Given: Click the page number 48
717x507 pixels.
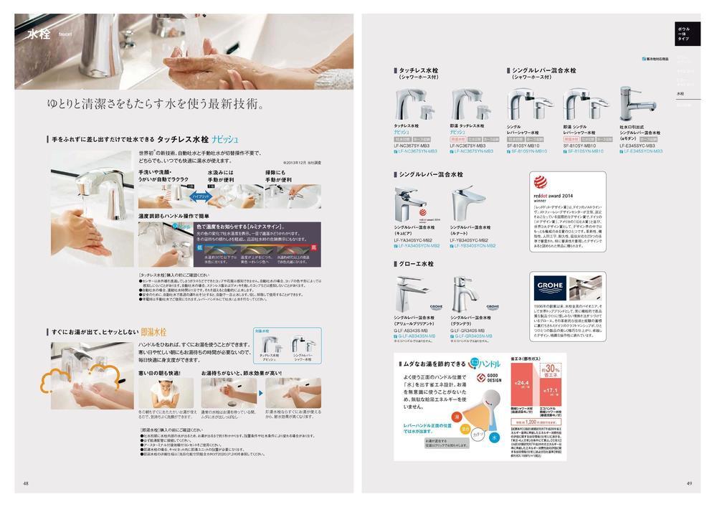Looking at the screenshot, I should coord(26,483).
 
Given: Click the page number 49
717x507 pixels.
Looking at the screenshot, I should coord(689,483).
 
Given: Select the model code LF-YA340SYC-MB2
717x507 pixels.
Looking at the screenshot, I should coord(412,240).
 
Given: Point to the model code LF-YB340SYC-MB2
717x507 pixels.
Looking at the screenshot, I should coord(470,240).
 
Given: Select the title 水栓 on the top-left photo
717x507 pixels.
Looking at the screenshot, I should coord(38,34).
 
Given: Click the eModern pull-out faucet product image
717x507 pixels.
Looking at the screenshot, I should coord(637,103).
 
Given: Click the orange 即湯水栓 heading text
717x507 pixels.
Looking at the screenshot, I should coord(153,332).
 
